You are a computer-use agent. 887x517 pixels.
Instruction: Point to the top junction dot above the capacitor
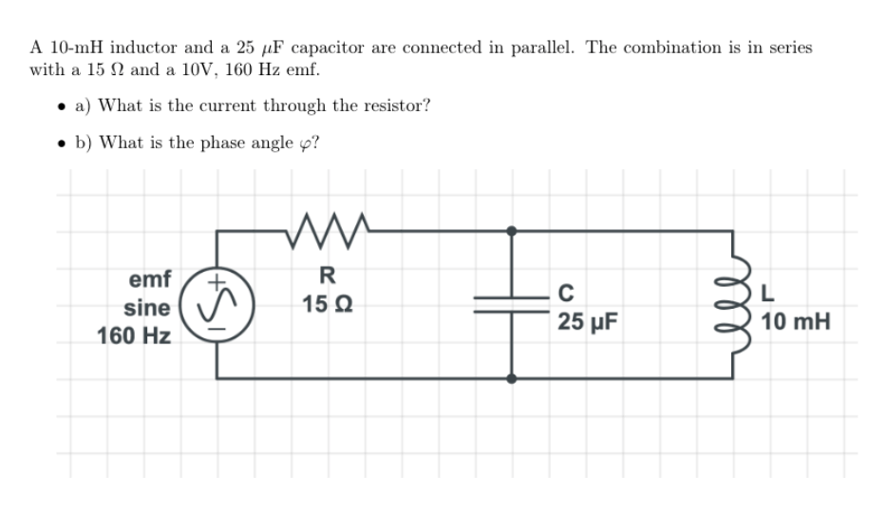coord(512,230)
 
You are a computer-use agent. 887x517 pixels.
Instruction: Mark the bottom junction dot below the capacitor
coord(512,377)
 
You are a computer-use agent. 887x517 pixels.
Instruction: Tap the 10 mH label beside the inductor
coord(796,322)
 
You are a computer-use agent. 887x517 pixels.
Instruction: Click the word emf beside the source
coord(149,279)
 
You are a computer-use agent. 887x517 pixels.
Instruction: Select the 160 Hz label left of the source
coord(134,335)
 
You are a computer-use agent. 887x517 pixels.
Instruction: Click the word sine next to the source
coord(147,308)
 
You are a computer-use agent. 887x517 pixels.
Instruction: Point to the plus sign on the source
coord(217,280)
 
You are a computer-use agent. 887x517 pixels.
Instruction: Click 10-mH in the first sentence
coord(74,48)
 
